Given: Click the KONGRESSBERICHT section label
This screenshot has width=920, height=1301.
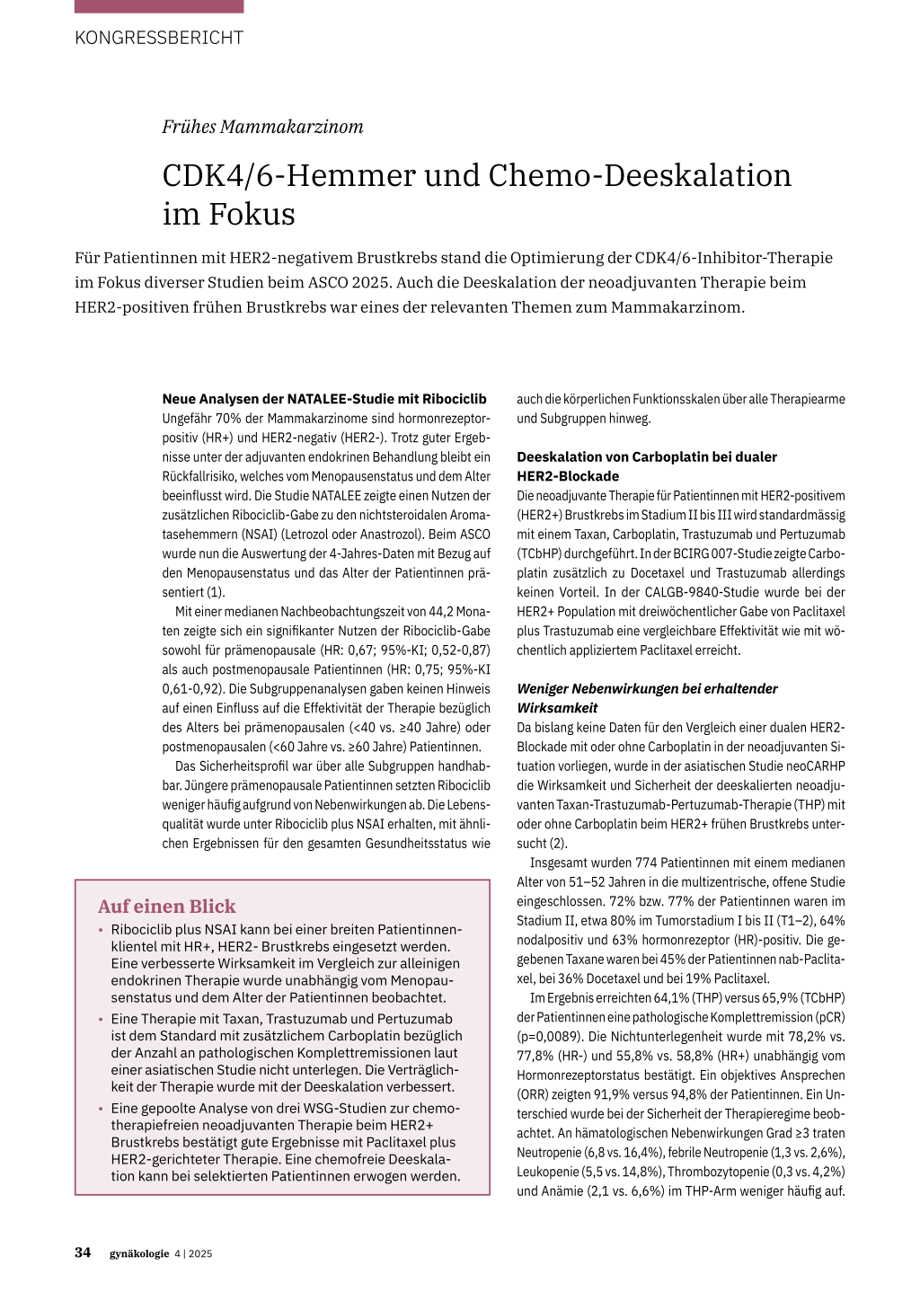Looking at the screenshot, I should pos(159,38).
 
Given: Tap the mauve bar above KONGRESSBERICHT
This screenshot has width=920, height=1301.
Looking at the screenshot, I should pos(159,6).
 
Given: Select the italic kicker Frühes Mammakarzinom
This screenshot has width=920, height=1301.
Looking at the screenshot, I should pos(262,127).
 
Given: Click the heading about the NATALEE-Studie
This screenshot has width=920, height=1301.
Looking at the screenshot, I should pos(324,399).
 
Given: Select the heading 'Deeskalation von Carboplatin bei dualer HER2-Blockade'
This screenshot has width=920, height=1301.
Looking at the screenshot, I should pos(646,466).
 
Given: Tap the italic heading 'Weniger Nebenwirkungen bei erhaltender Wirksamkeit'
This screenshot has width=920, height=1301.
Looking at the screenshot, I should pos(647,698).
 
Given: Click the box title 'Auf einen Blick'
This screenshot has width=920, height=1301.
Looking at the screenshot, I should pos(167,907).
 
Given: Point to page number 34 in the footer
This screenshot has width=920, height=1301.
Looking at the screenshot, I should pos(83,1252).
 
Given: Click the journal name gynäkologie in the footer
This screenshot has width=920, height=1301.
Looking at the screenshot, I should pos(139,1253).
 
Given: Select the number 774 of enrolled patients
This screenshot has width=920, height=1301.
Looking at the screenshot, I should pos(646,863).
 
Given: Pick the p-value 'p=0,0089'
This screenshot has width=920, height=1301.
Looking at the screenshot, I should pos(547,1036).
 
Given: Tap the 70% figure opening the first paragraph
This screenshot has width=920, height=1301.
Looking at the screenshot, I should pos(226,418).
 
